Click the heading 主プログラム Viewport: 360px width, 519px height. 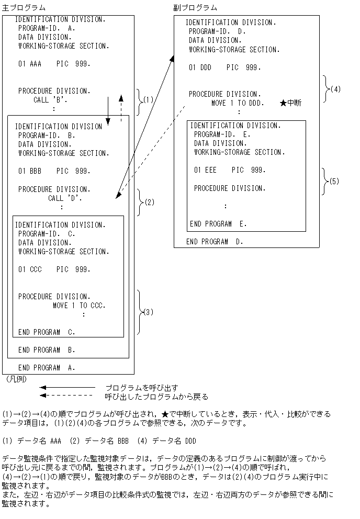24,7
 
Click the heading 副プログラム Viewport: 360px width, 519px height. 195,7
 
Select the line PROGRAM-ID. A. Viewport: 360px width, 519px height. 47,28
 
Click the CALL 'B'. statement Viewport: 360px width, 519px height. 51,99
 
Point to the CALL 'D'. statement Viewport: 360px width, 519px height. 65,198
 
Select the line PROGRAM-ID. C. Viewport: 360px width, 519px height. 47,233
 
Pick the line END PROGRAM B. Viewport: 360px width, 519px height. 47,349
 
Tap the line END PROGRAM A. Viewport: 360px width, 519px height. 47,367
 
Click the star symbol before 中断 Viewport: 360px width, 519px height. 283,103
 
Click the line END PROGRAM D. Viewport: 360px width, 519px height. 215,242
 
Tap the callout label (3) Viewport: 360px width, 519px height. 148,312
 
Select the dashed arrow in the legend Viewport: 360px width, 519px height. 67,396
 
